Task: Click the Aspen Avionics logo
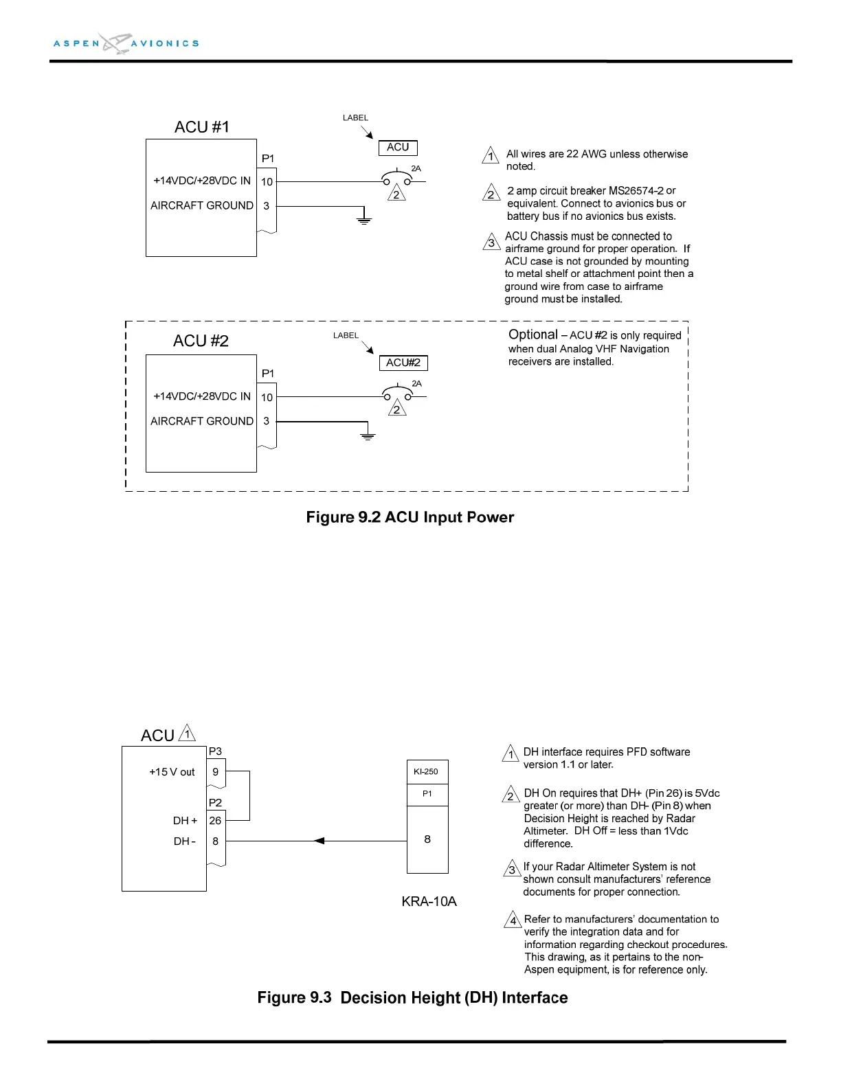click(126, 43)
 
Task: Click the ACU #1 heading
click(201, 127)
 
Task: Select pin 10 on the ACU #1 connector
click(267, 182)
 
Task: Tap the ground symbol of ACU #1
click(363, 220)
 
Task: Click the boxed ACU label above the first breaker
click(398, 148)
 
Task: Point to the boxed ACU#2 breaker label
click(403, 363)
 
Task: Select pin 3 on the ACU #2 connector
click(267, 421)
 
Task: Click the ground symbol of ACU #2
click(368, 435)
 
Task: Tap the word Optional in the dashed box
click(532, 335)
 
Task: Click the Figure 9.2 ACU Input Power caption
click(410, 517)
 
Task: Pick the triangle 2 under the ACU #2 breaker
click(397, 409)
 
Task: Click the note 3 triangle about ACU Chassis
click(491, 242)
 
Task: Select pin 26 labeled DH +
click(215, 820)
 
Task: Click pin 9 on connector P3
click(215, 772)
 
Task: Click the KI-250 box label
click(426, 771)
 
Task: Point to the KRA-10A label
click(429, 901)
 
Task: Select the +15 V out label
click(172, 772)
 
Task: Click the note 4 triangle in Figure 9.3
click(513, 920)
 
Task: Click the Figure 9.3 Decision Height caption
click(412, 998)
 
